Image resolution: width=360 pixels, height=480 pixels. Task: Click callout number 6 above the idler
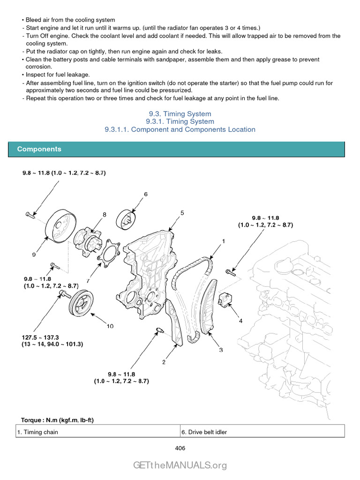click(145, 194)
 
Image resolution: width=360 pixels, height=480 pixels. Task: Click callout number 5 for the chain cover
click(182, 213)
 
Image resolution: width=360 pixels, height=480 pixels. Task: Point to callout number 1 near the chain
click(224, 241)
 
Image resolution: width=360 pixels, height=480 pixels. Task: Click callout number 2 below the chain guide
click(164, 362)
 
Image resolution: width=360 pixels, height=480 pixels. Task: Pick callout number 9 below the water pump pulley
click(34, 255)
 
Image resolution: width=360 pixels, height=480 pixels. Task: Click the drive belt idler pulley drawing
click(128, 218)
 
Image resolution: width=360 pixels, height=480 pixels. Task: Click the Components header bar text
click(39, 149)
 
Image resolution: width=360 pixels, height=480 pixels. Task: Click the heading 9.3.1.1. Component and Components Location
click(180, 129)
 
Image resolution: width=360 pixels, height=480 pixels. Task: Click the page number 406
click(180, 448)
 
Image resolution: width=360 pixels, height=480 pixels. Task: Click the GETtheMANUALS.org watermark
click(180, 465)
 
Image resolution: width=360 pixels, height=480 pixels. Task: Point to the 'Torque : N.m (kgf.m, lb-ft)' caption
click(57, 420)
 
